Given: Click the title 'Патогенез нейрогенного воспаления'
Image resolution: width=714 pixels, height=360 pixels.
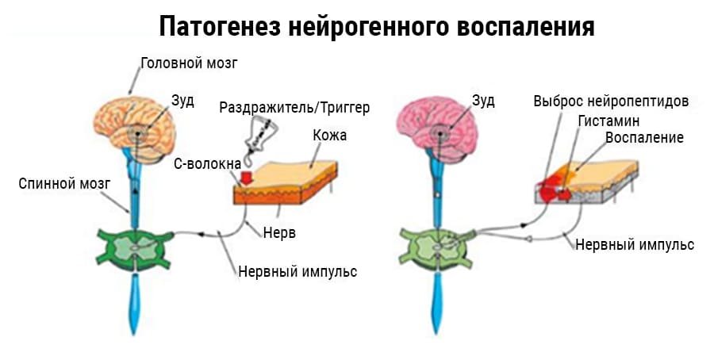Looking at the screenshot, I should pos(376,26).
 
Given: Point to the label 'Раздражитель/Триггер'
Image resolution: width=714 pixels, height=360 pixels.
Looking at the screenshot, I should pos(294,107).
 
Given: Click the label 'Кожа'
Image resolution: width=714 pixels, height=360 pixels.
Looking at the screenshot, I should pos(329,136).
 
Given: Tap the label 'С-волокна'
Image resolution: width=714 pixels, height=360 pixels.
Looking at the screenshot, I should pos(207,163).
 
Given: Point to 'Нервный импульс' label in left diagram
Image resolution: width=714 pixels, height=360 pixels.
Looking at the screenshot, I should pos(297,271).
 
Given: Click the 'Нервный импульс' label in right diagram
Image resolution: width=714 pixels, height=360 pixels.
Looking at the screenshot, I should pos(635,244).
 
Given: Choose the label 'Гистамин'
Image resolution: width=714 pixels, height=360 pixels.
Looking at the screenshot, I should pos(608,121).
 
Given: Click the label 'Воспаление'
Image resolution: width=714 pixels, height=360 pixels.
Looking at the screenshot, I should pos(644,137).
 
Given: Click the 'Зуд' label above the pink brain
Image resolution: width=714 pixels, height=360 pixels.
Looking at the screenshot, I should pos(483,101).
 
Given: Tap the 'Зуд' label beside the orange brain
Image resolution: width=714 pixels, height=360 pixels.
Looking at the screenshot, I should pos(182,101).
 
